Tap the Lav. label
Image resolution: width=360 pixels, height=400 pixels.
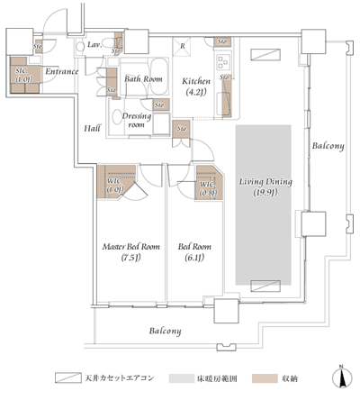(94, 44)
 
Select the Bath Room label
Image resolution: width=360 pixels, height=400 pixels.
(142, 79)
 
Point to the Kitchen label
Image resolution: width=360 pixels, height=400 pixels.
(197, 81)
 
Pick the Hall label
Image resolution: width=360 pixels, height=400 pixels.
(93, 130)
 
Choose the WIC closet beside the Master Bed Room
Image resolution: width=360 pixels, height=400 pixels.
(114, 185)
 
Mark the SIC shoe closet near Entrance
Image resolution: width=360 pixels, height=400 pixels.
(22, 73)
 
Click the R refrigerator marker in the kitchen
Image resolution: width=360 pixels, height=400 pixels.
(184, 45)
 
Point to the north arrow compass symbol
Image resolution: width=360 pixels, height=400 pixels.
(340, 376)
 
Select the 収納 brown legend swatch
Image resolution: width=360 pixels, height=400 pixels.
(260, 377)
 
